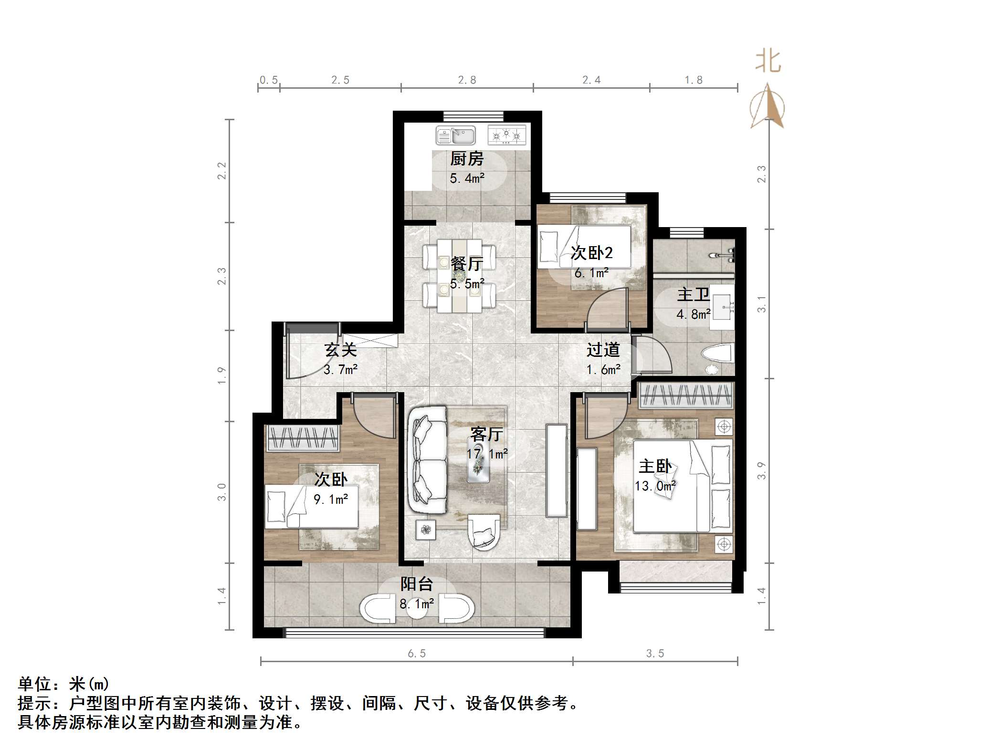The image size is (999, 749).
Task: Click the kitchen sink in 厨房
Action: [x=456, y=135]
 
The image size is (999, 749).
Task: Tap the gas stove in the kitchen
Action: [x=506, y=135]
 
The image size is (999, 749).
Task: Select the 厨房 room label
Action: [x=467, y=159]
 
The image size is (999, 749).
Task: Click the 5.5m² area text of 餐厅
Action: [x=467, y=284]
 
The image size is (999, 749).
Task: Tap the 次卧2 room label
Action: [x=591, y=253]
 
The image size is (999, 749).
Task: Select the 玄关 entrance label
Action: [x=340, y=350]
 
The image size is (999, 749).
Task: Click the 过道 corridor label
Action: [x=603, y=350]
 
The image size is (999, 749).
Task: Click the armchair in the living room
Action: [x=484, y=531]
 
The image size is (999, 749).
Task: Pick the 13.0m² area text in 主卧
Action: [x=655, y=486]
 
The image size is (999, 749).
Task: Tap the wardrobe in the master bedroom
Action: [x=685, y=395]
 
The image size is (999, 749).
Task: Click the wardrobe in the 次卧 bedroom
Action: [x=303, y=437]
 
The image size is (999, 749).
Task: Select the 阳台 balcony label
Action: [x=416, y=584]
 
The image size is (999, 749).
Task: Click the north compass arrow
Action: [x=767, y=106]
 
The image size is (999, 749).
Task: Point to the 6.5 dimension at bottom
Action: [x=416, y=654]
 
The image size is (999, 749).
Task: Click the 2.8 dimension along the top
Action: [x=467, y=80]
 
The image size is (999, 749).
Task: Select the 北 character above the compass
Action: [x=768, y=62]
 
